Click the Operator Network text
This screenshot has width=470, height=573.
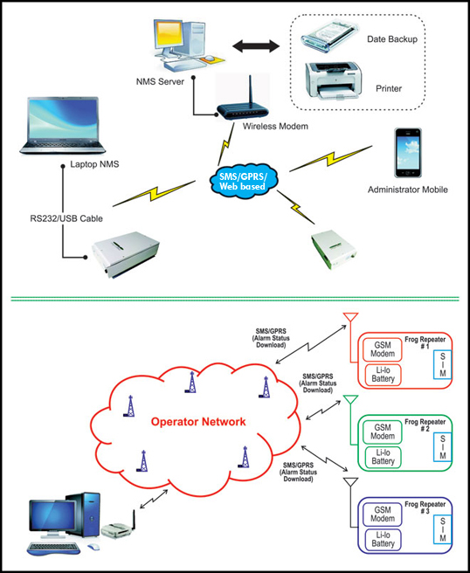[198, 422]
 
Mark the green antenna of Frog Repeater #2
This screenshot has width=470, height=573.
[349, 403]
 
